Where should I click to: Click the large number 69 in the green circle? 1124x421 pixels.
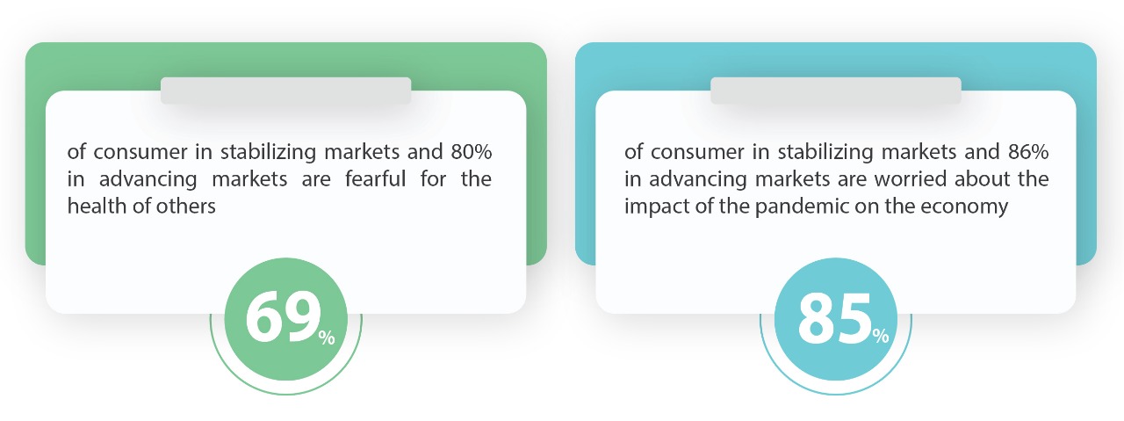[x=283, y=318]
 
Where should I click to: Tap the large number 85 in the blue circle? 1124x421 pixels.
[x=834, y=318]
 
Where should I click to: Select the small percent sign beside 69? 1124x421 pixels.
[x=327, y=338]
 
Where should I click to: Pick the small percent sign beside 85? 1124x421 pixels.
[x=881, y=336]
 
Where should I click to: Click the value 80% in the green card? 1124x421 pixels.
[x=472, y=152]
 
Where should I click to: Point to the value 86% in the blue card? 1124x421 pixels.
[x=1028, y=152]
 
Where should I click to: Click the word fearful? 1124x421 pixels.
[x=375, y=178]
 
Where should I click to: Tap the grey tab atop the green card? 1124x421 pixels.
[x=285, y=91]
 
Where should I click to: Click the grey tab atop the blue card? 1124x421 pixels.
[x=835, y=91]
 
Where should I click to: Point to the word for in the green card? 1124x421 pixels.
[x=433, y=178]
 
